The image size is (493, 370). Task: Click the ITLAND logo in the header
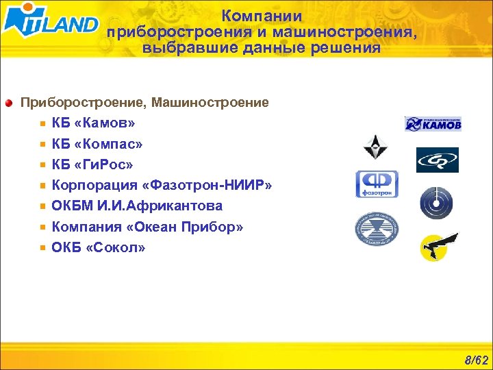51,22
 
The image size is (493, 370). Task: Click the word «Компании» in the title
262,16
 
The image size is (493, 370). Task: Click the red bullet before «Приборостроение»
9,103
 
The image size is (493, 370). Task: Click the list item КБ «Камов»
93,123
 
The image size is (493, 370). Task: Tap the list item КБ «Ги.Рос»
92,164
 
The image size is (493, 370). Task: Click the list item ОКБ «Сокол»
99,247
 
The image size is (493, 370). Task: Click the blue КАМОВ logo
433,123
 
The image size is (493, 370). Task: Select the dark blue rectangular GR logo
438,160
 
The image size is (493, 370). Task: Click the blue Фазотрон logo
376,184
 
